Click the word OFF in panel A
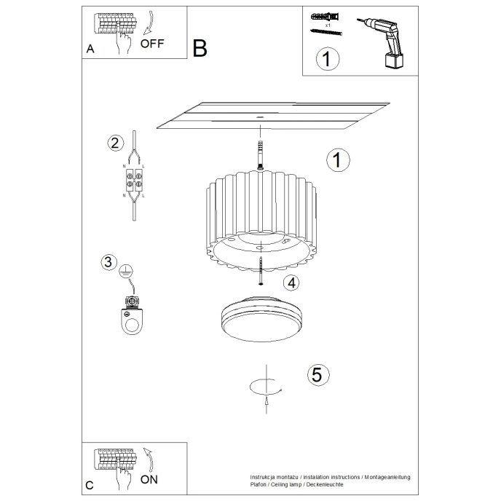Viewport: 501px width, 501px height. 153,43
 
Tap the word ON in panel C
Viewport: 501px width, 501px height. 149,479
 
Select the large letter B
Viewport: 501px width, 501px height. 200,48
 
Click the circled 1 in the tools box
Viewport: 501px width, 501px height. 328,59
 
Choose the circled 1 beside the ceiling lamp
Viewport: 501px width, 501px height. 338,160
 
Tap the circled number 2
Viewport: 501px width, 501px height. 114,143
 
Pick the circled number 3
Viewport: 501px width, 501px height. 109,262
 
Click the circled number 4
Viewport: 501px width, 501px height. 290,283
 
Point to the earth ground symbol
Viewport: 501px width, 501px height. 125,271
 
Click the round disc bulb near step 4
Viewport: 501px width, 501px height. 260,315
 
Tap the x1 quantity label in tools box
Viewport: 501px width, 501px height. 328,25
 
